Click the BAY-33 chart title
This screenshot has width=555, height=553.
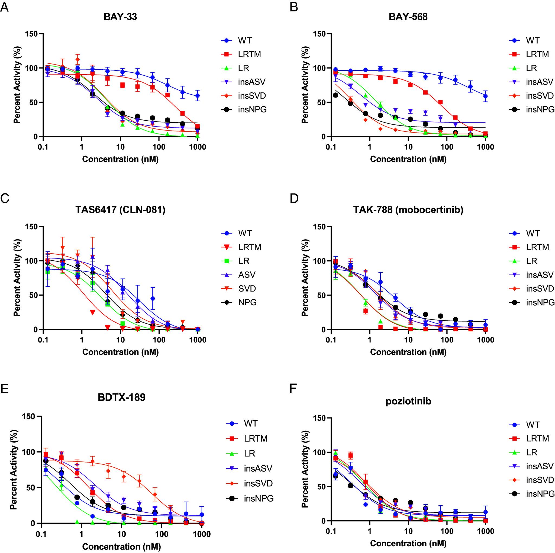120,17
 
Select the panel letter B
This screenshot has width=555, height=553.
293,8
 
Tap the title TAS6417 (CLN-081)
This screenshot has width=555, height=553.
120,210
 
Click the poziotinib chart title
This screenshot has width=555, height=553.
408,401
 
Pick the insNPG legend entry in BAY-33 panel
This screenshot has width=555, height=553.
252,109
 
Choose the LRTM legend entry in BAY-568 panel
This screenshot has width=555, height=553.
537,54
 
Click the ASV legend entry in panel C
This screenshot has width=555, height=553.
247,275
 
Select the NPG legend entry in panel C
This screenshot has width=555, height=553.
247,302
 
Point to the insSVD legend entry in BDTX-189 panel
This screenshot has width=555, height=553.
258,483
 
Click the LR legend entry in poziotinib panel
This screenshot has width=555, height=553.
531,452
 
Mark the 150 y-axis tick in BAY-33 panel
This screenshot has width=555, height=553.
31,34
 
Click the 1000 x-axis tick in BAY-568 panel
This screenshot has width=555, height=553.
485,147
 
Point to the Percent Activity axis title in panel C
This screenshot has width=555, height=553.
17,278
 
